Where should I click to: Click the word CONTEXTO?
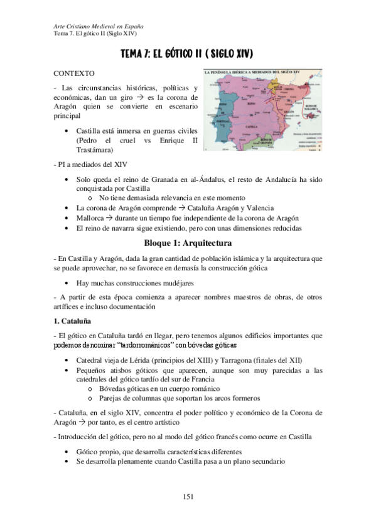(x=75, y=73)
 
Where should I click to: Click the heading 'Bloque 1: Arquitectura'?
(x=188, y=242)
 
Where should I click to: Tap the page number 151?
(x=188, y=496)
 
